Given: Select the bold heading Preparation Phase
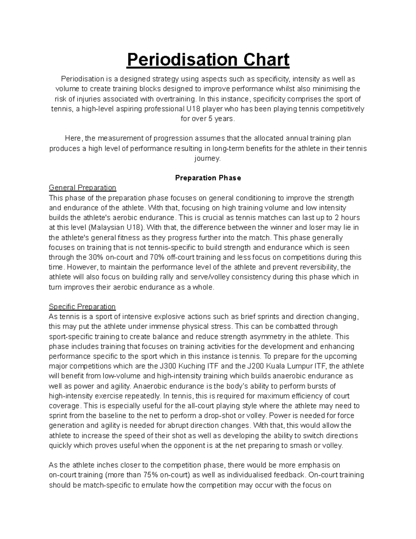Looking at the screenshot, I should click(208, 178).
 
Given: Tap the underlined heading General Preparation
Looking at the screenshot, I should click(83, 188).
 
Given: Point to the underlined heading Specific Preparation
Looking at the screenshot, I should click(82, 307).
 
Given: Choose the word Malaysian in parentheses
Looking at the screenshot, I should click(109, 228).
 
